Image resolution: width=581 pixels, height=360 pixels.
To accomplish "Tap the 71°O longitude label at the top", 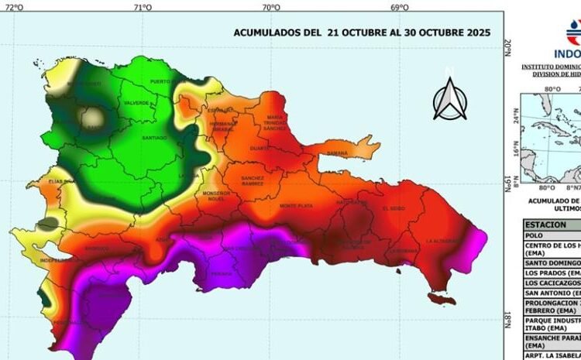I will [x=142, y=7].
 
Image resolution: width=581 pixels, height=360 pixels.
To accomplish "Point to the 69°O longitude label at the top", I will [x=400, y=7].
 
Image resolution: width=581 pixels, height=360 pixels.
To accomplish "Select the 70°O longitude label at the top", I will [x=270, y=7].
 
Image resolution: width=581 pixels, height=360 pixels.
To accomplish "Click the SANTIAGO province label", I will [x=155, y=138].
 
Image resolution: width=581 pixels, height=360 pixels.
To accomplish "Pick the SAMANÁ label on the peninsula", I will [x=338, y=153].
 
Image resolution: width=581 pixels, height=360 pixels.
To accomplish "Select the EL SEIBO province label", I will [x=394, y=207].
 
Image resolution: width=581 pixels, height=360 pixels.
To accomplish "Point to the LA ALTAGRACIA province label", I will [x=441, y=241].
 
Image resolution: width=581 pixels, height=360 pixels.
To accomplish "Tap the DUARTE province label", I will [x=260, y=147].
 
